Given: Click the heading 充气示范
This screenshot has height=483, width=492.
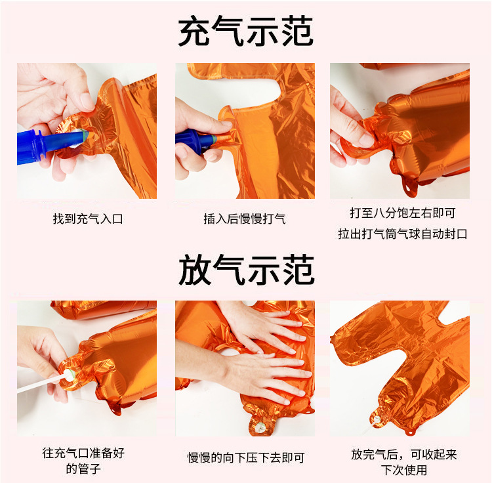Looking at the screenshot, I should click(246, 31).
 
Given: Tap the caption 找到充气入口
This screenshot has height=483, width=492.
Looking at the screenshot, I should click(88, 219).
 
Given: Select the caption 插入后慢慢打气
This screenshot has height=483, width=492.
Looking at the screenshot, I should click(245, 219).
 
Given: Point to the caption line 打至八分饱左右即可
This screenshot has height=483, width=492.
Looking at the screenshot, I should click(402, 213).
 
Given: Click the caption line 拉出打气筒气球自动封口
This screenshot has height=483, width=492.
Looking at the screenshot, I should click(402, 234).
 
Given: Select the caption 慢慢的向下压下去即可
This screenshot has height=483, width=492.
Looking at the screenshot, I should click(245, 458).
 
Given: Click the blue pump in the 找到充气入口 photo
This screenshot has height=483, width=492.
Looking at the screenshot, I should click(46, 144).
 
